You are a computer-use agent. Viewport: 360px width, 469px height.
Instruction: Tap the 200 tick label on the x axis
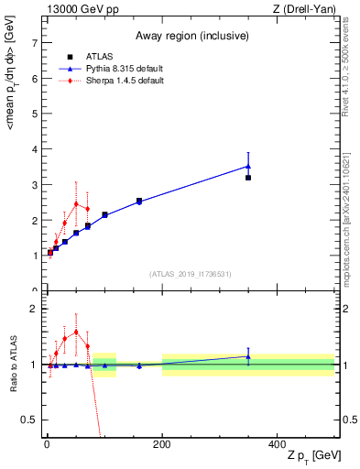(161, 443)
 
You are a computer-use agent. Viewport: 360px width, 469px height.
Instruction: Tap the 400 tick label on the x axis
(277, 443)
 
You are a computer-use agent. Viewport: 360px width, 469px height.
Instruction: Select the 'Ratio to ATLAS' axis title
(12, 366)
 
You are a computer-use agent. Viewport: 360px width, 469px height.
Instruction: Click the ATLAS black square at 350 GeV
(248, 178)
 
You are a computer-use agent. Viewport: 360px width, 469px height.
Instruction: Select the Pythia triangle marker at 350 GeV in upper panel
(248, 166)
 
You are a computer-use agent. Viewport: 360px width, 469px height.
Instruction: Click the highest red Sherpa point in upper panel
(76, 203)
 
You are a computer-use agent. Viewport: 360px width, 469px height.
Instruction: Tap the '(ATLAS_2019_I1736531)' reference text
(191, 274)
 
